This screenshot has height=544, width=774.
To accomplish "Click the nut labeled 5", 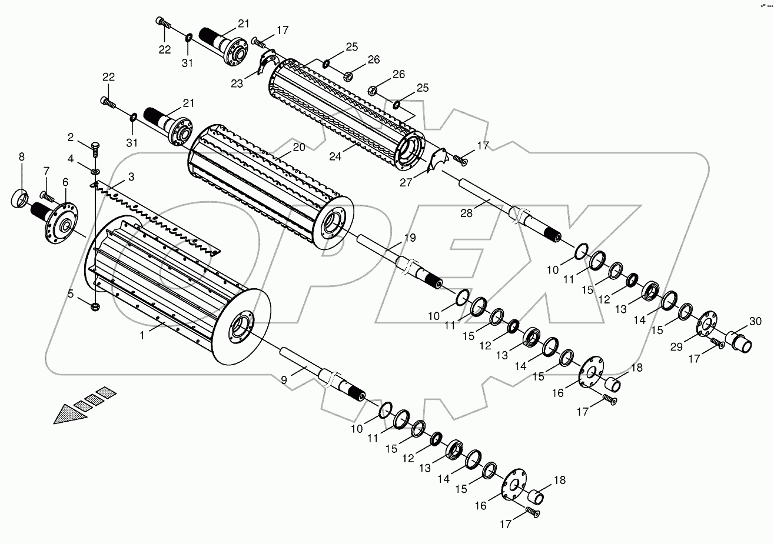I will pos(96,306).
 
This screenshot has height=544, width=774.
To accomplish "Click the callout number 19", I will pos(410,238).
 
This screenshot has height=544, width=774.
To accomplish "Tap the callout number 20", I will pos(298,148).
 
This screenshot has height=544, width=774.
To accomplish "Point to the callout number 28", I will pos(467,213).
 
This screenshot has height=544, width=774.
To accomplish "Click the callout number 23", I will pos(237,84).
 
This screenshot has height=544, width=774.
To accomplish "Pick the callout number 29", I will pos(677,348).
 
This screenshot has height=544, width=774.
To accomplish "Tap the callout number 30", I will pos(755,321).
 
